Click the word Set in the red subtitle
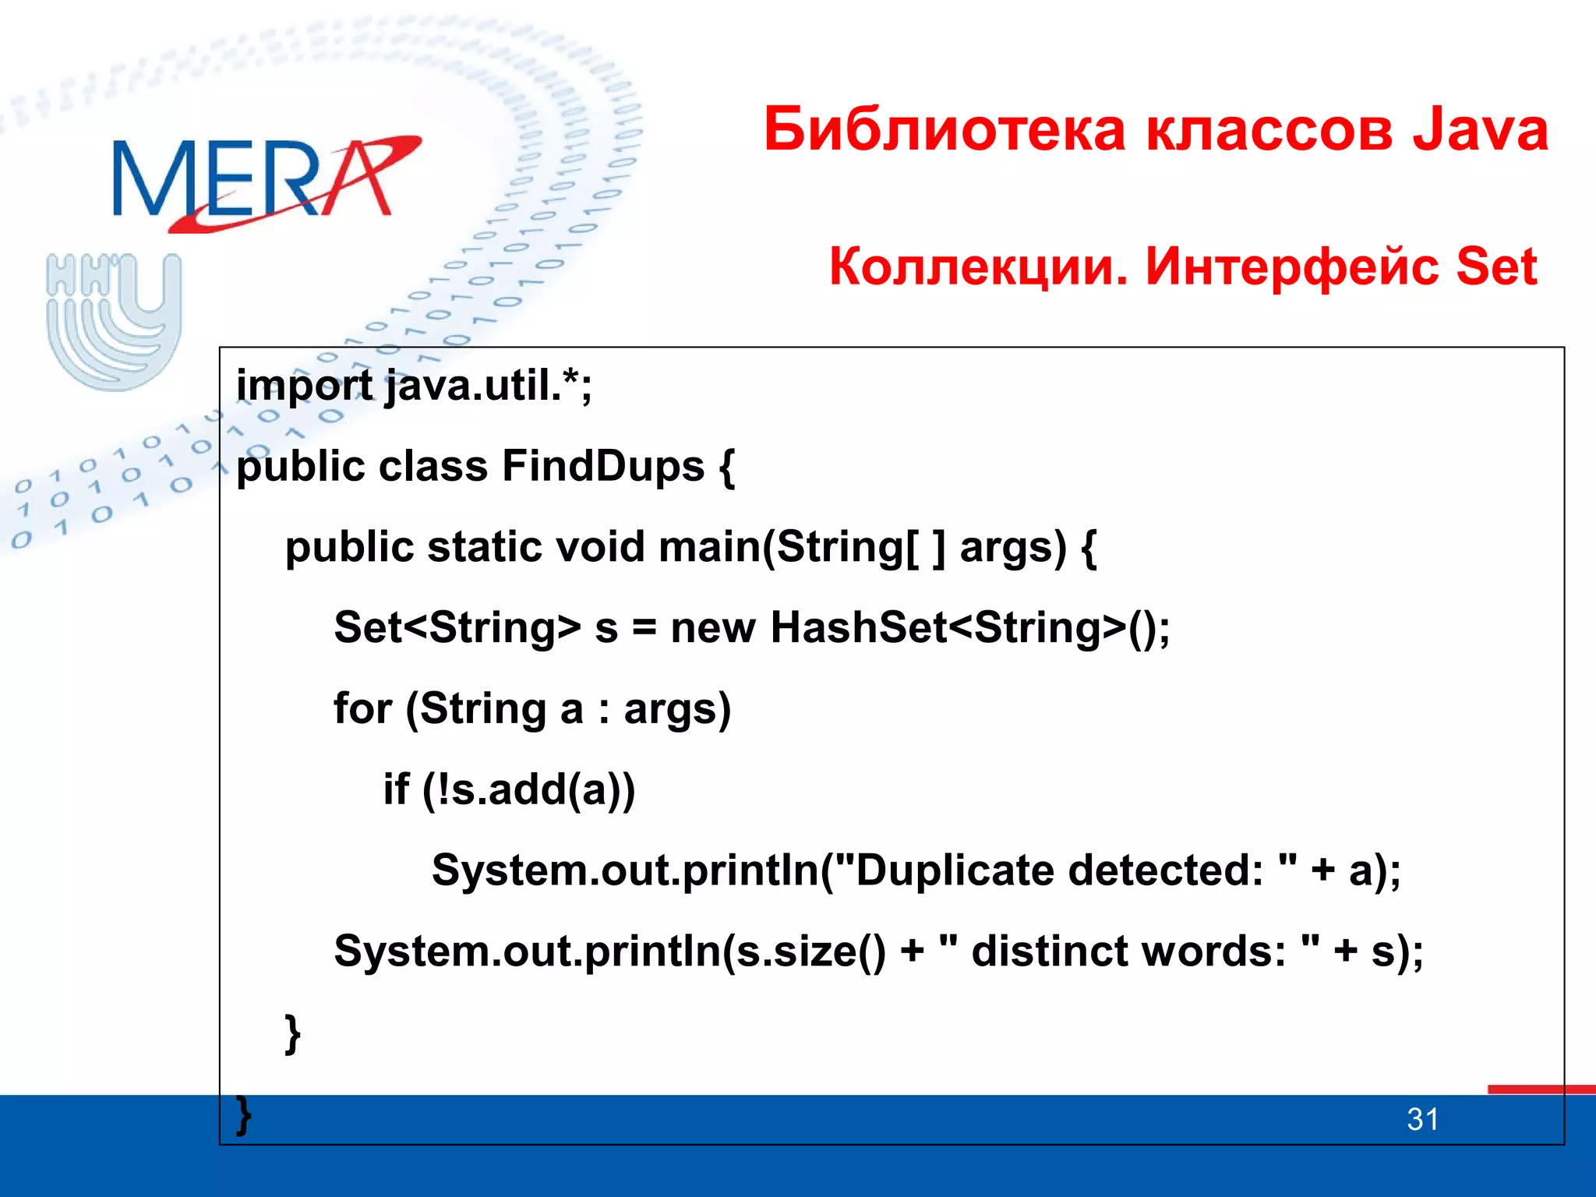coord(1495,267)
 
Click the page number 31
coord(1422,1120)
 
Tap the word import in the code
coord(304,386)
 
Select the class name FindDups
coord(602,466)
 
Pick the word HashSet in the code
coord(857,627)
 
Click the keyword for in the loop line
coord(362,708)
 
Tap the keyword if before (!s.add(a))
coord(396,789)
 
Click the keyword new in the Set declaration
coord(712,628)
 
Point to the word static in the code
coord(484,546)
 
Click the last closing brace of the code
coord(244,1114)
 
